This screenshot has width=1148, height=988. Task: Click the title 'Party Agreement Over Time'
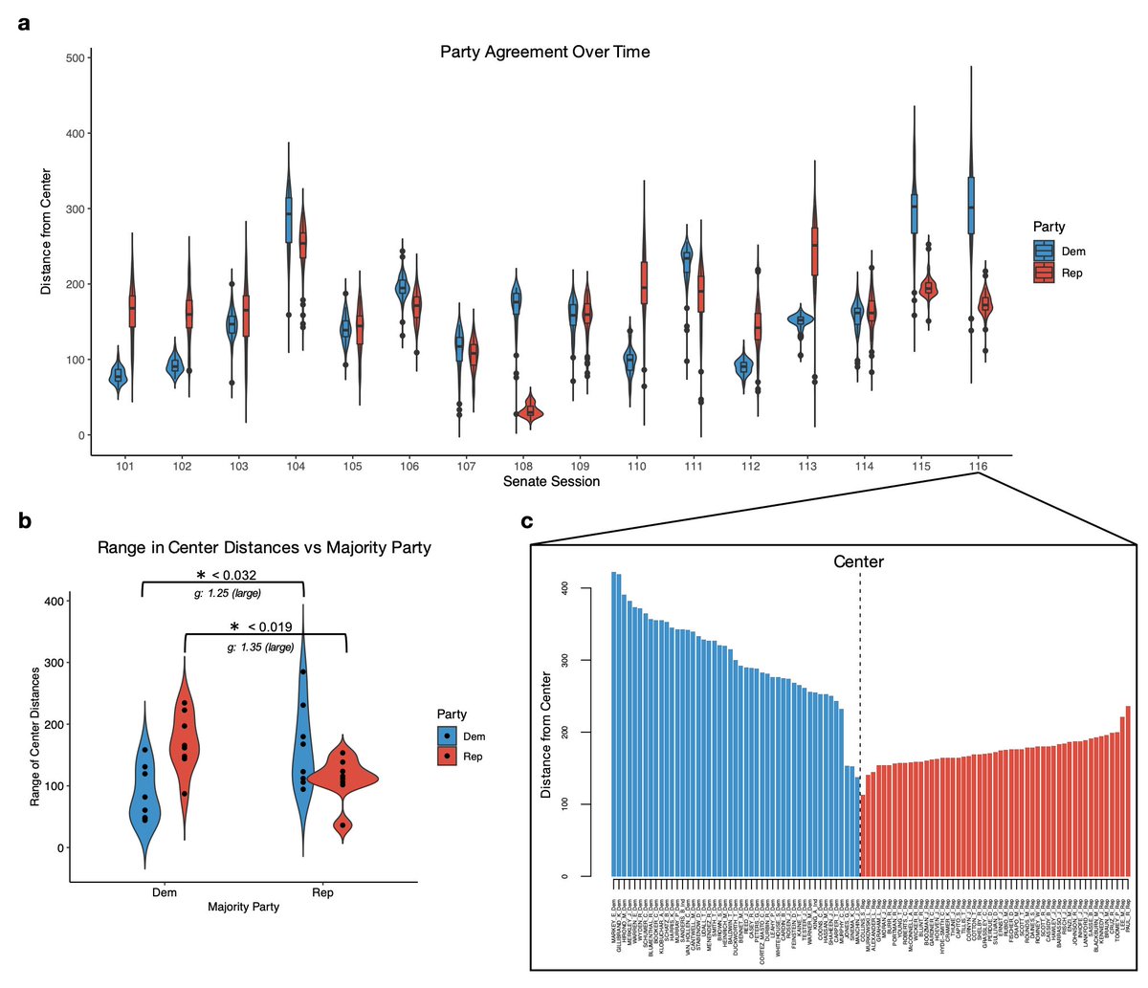pyautogui.click(x=544, y=52)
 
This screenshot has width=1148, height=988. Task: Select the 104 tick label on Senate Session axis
pyautogui.click(x=296, y=466)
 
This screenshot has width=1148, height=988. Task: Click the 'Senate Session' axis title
pyautogui.click(x=551, y=481)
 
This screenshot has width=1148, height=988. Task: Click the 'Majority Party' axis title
pyautogui.click(x=243, y=906)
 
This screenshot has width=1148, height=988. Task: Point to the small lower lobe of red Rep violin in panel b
pyautogui.click(x=342, y=823)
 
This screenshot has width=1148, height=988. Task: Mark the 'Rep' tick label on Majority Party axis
pyautogui.click(x=322, y=892)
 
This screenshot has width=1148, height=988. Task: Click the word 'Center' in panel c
pyautogui.click(x=858, y=561)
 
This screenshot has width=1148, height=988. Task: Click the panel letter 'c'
pyautogui.click(x=526, y=521)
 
